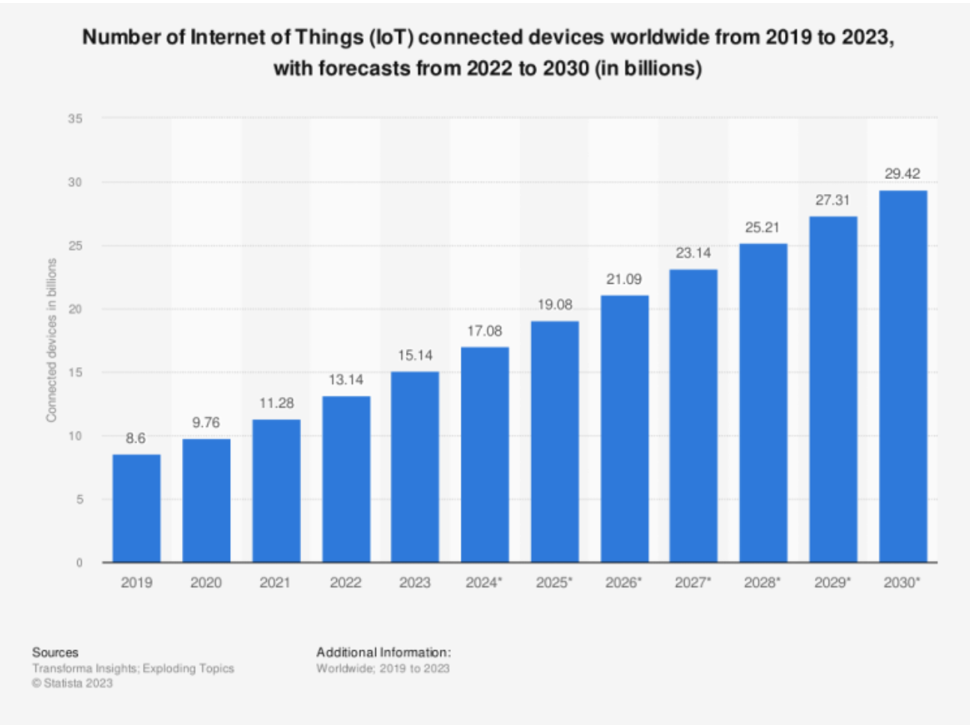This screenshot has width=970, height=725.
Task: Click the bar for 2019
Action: point(136,508)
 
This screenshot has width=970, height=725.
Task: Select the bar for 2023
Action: point(415,467)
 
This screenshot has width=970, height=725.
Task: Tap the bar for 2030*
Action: point(903,376)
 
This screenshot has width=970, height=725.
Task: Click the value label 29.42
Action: point(902,174)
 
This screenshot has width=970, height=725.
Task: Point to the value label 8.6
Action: point(136,438)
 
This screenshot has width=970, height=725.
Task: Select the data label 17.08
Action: point(485,331)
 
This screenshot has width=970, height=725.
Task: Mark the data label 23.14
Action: point(693,253)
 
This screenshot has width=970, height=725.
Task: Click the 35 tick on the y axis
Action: point(75,118)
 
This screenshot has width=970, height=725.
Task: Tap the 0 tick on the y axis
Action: point(79,562)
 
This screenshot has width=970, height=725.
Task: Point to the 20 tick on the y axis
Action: point(75,309)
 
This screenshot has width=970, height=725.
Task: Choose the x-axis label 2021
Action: point(275,583)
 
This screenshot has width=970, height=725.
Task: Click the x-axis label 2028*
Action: point(762,583)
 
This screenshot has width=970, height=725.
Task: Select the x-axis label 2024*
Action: point(484,583)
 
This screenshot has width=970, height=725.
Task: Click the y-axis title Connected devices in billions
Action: point(52,340)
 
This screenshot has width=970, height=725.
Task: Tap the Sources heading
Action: point(55,652)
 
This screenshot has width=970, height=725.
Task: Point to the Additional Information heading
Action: point(384,652)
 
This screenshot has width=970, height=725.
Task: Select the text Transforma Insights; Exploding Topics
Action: point(133,668)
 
